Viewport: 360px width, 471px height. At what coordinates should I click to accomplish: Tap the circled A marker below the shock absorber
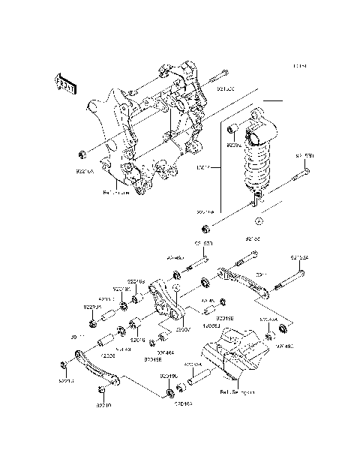(x=257, y=221)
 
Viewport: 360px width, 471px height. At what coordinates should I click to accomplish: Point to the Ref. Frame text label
(x=116, y=192)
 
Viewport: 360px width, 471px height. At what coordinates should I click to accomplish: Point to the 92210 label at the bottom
(x=103, y=405)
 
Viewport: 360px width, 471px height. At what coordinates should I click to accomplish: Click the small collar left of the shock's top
(x=233, y=127)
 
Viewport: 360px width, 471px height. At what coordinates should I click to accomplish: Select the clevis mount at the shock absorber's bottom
(x=257, y=198)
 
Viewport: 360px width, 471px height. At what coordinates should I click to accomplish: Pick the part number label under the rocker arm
(x=183, y=328)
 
